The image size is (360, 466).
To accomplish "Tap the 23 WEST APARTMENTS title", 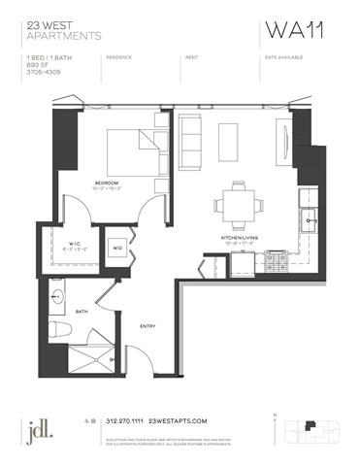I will (x=65, y=31).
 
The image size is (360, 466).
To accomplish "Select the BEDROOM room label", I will (x=107, y=182).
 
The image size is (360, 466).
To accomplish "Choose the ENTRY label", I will (x=148, y=325).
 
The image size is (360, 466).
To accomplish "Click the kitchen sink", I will (x=309, y=216).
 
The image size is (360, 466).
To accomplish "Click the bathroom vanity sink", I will (x=61, y=293).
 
